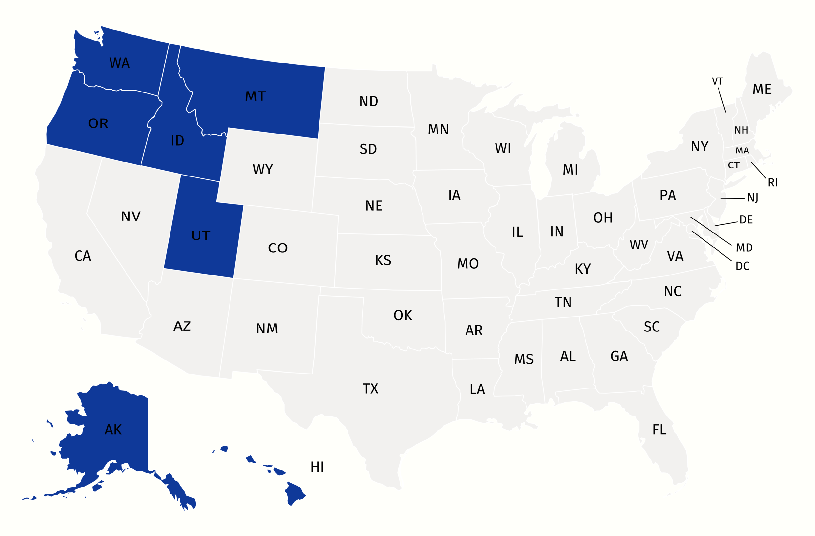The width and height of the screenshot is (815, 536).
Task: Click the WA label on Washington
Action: (x=120, y=63)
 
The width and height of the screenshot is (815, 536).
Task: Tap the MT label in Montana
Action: (x=256, y=96)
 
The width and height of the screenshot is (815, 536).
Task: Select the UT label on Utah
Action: (x=201, y=235)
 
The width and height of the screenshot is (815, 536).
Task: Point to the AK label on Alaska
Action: (x=113, y=430)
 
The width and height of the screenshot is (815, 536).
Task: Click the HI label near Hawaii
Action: (x=317, y=467)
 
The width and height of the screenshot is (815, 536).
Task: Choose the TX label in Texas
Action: (x=370, y=388)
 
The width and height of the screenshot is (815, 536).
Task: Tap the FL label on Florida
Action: (x=659, y=430)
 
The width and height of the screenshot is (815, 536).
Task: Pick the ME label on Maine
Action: (x=762, y=89)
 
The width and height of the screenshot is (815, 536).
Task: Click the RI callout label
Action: (x=773, y=183)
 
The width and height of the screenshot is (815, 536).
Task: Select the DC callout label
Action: (x=742, y=266)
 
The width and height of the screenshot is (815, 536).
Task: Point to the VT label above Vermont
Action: (x=717, y=81)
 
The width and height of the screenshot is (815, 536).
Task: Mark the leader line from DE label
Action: (x=726, y=224)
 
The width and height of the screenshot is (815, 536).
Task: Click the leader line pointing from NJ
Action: (x=732, y=198)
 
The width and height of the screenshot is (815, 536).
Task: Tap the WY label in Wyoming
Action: (x=263, y=169)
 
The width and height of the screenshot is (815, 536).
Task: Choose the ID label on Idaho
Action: (x=177, y=141)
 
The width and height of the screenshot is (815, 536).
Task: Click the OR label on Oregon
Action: (x=98, y=123)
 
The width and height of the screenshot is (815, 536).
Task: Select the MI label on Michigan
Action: (x=570, y=170)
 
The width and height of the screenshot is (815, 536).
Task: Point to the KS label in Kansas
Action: (x=383, y=260)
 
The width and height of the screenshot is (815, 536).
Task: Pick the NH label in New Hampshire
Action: (x=741, y=130)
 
